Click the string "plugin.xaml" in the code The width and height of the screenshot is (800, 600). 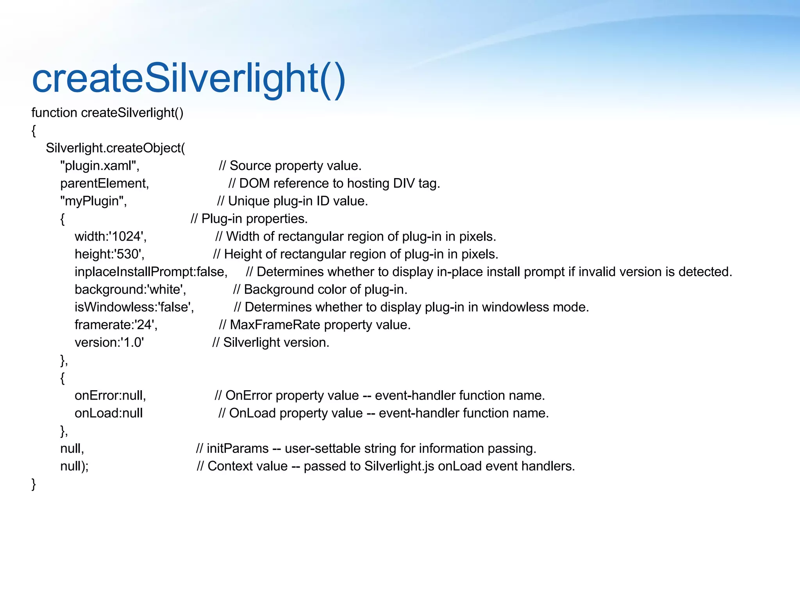(100, 166)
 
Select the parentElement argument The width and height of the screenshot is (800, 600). (104, 184)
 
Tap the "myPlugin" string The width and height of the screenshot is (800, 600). (93, 201)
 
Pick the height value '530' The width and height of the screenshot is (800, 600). (129, 254)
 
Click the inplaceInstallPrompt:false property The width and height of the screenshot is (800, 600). (151, 272)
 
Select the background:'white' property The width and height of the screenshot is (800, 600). (130, 289)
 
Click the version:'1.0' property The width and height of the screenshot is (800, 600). (109, 343)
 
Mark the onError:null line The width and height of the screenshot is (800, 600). (110, 396)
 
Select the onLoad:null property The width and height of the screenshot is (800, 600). (109, 413)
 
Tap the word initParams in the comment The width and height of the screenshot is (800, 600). (237, 448)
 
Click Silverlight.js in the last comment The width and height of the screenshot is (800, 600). (399, 466)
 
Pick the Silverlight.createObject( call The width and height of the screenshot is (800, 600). (115, 148)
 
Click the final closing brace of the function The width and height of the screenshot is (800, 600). (34, 484)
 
